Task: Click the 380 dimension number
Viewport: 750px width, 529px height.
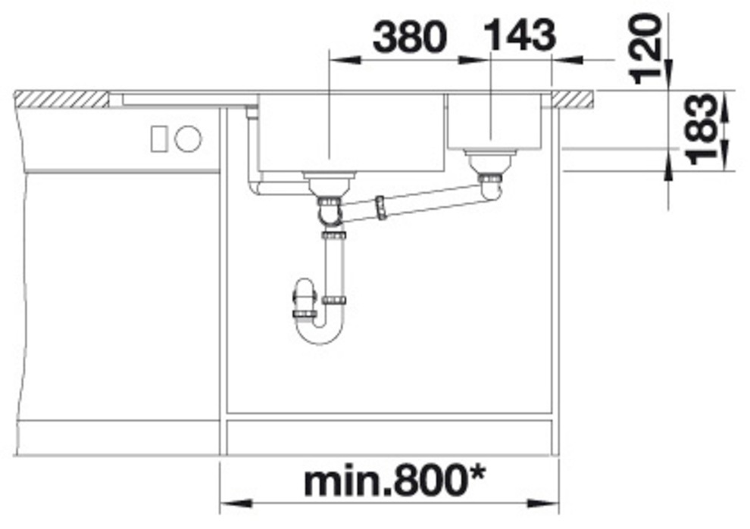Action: (409, 38)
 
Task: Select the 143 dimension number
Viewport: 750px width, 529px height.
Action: (520, 35)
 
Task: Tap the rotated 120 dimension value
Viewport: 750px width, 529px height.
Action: (645, 48)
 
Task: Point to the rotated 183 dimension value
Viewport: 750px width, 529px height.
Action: (703, 129)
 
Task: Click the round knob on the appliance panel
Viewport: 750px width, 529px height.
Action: (189, 138)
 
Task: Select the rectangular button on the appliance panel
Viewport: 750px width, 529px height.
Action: (159, 138)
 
